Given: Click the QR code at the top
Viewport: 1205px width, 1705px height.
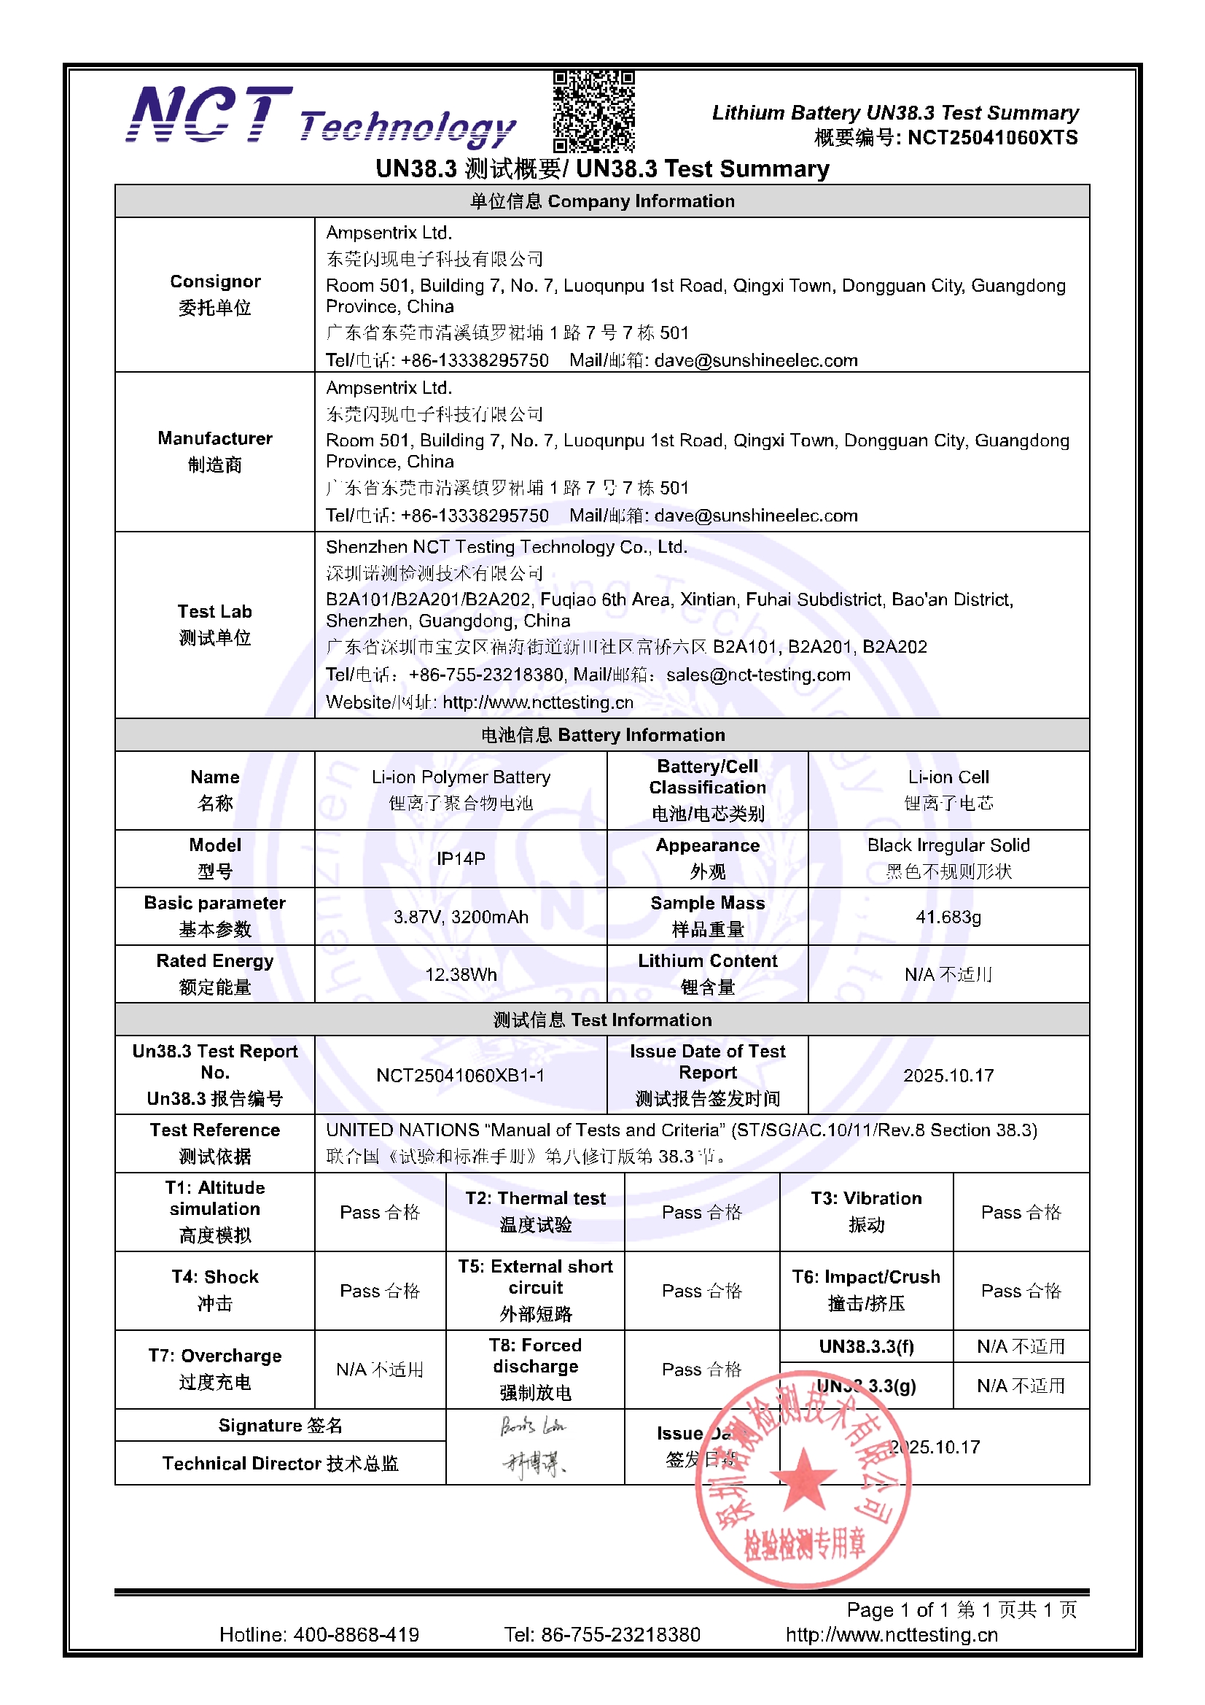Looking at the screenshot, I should [593, 112].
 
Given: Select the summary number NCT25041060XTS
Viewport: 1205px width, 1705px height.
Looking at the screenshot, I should [992, 138].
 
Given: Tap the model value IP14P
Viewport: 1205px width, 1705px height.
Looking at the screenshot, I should [460, 858].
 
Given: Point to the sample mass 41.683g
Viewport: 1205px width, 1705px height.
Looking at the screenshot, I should [948, 917].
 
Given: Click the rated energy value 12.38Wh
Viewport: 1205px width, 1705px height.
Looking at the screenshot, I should [460, 974].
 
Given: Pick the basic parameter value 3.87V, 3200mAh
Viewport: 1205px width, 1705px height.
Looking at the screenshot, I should [460, 917].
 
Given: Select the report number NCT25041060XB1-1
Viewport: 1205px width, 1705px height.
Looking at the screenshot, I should [460, 1075].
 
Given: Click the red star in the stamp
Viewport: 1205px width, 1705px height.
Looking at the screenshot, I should [803, 1479].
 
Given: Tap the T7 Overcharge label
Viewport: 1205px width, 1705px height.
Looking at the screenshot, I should [214, 1369].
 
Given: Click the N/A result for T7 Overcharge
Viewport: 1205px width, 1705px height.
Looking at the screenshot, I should [379, 1370].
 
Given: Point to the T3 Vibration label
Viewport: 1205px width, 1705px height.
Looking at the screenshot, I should [866, 1211].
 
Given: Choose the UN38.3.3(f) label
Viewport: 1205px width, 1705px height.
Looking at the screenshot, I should [866, 1346].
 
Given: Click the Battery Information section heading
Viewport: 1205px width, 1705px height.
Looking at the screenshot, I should [602, 735].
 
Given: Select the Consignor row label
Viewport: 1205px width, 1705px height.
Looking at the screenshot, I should [214, 294].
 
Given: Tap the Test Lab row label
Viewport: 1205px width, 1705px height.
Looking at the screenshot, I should [214, 624].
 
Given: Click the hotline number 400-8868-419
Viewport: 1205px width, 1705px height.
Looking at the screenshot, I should [356, 1634].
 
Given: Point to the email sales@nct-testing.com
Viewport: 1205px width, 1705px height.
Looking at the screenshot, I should [758, 675].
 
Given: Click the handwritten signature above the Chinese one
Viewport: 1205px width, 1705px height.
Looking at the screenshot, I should [532, 1426].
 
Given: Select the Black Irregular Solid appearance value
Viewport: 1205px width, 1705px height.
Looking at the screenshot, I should [948, 845].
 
